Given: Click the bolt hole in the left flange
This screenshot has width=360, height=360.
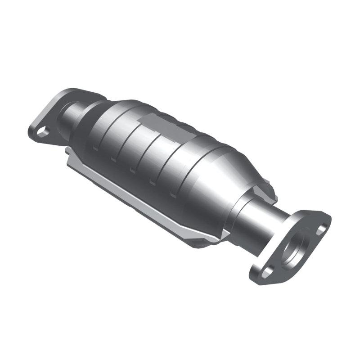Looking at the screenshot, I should [x=42, y=131].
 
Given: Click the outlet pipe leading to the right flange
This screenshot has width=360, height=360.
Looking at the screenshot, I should [x=265, y=225].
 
